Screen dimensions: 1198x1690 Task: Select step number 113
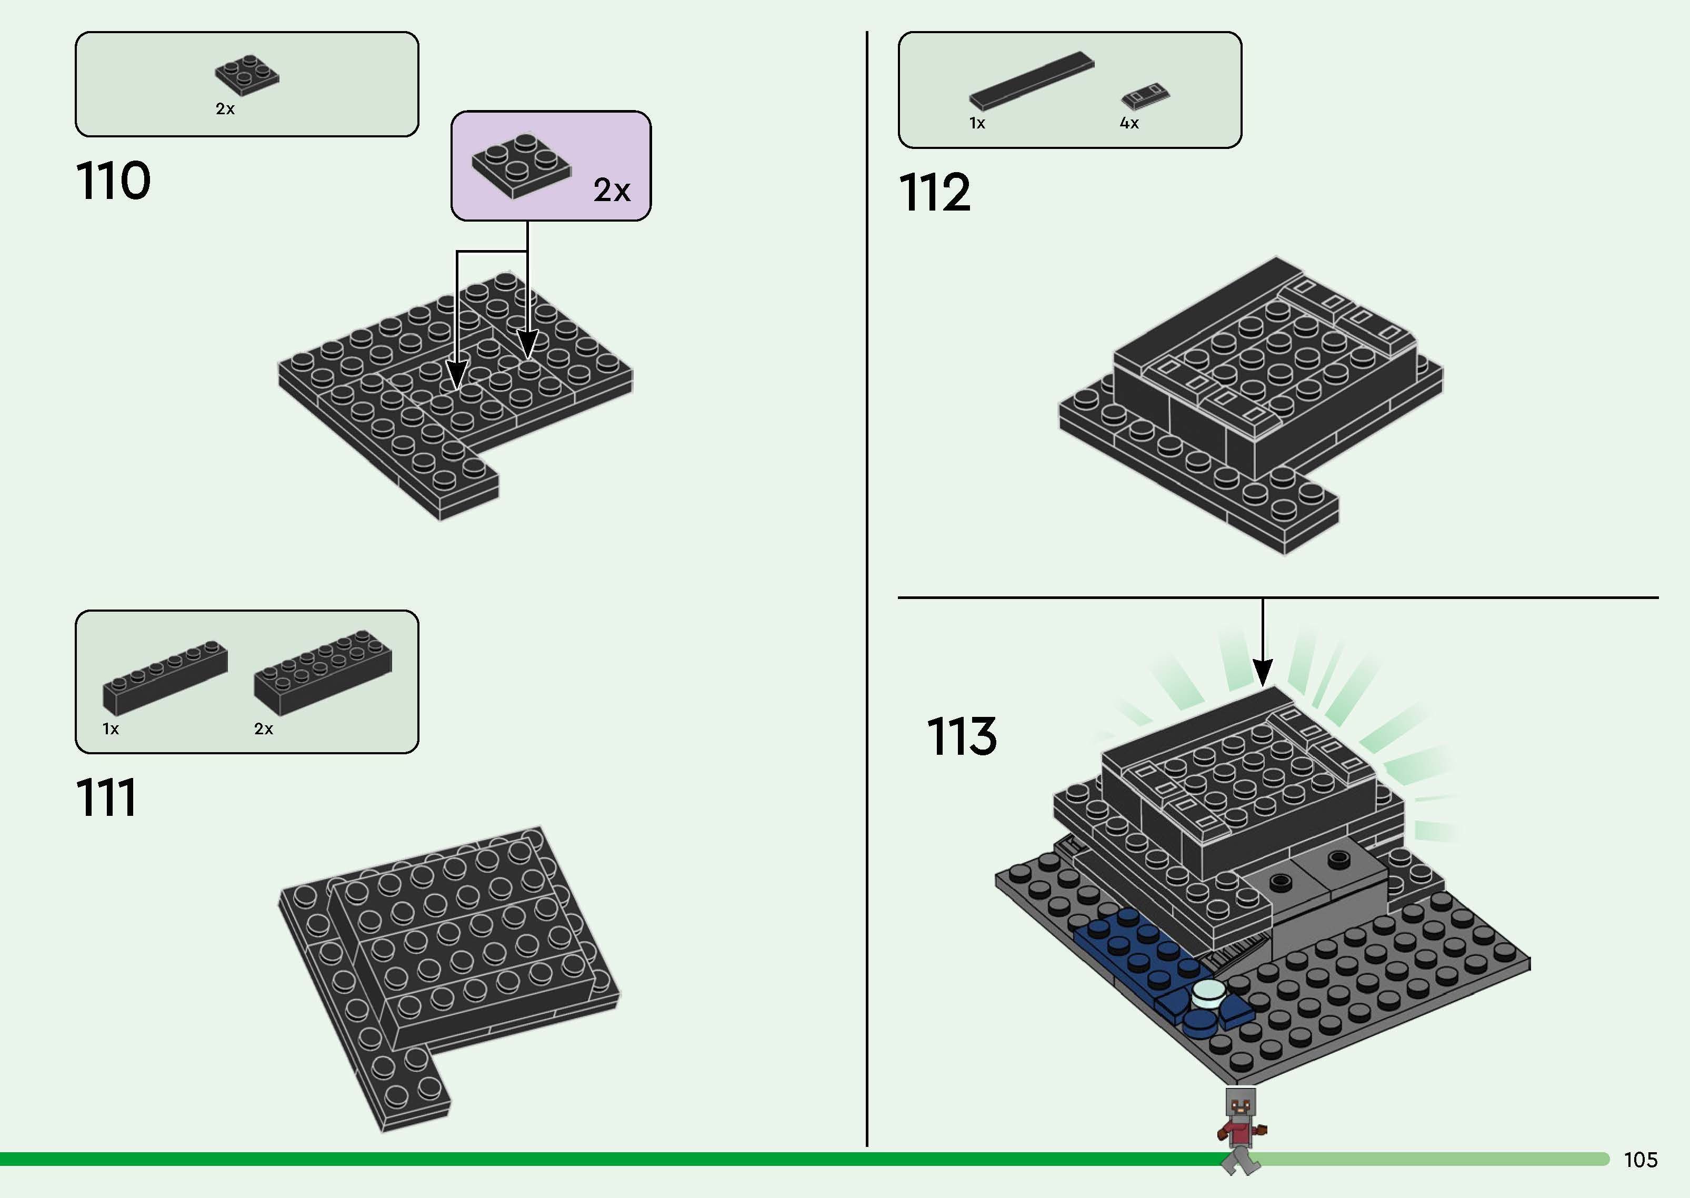click(961, 736)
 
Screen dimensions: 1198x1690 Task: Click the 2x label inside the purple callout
click(612, 191)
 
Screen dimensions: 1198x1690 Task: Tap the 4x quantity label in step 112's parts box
click(1128, 123)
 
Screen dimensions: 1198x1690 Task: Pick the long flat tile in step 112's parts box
click(1031, 81)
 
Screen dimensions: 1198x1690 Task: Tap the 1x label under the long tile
click(977, 123)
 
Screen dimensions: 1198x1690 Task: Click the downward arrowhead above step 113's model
click(1263, 672)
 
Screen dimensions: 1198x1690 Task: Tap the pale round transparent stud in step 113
click(1207, 994)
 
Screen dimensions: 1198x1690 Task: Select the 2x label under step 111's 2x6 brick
click(263, 729)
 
